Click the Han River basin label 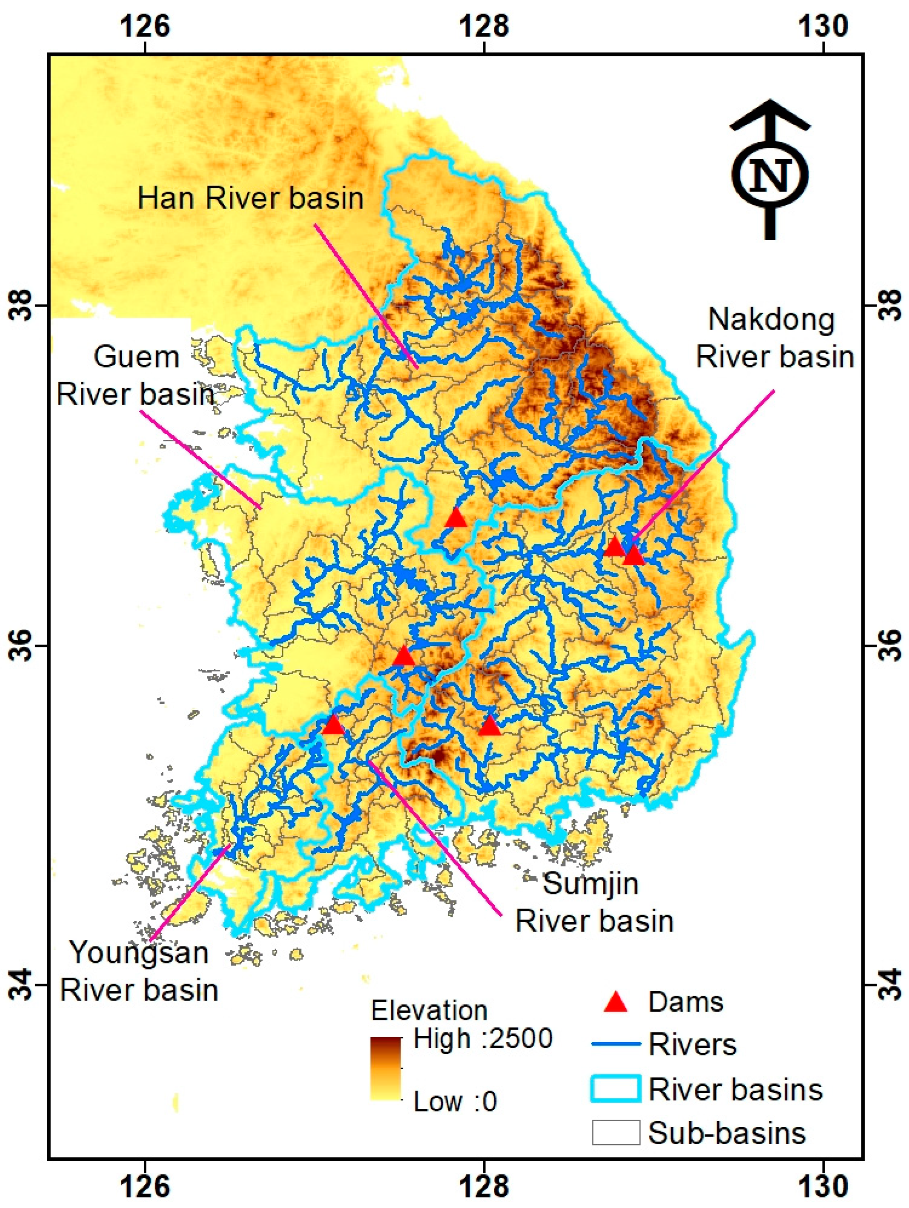click(250, 198)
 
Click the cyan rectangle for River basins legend click(616, 1087)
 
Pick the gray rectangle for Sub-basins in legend click(616, 1132)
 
